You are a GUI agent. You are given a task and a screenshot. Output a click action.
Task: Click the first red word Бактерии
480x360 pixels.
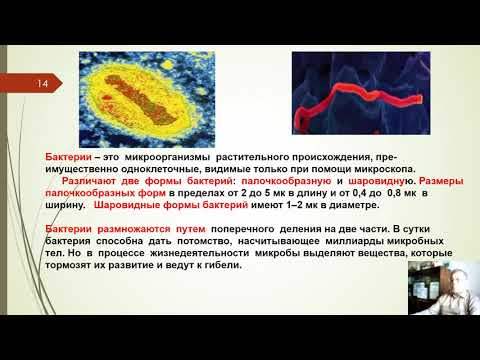tap(68, 158)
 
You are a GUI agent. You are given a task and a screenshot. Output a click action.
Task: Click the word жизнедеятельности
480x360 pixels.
tap(201, 253)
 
